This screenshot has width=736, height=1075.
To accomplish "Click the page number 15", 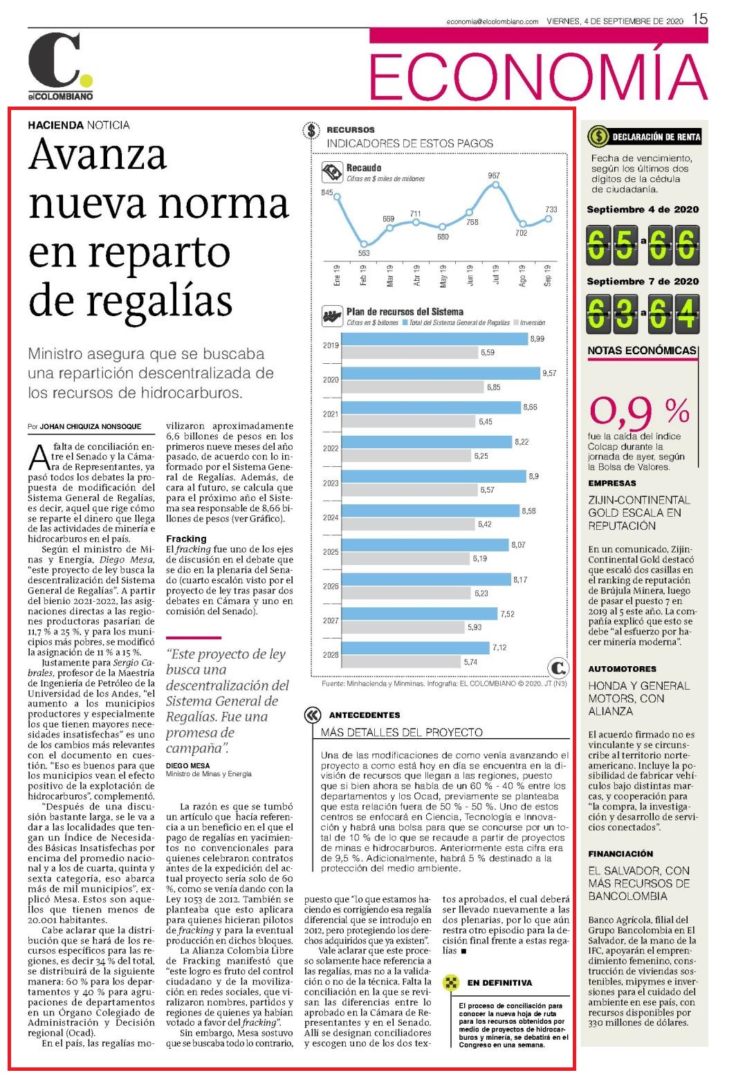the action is [x=699, y=19].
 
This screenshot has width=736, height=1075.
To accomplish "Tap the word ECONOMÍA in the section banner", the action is [x=538, y=77].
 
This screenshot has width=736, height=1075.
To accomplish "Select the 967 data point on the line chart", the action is [x=496, y=184].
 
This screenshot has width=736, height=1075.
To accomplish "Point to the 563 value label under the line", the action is [x=364, y=253].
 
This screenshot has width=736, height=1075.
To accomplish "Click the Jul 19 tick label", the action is [x=496, y=275].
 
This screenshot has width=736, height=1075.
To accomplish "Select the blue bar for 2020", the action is [x=441, y=373].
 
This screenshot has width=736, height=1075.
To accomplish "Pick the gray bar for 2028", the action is [x=401, y=662].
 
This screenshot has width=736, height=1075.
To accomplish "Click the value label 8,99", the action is [x=537, y=339].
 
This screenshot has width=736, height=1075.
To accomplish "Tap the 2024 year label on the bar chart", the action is [x=331, y=517].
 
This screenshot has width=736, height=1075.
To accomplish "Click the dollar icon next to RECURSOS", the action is [x=311, y=130].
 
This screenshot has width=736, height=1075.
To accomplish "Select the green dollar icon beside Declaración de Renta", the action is [x=598, y=136].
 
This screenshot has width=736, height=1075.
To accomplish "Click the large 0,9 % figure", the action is [x=639, y=412].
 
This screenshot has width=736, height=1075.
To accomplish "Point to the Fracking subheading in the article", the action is [x=186, y=538].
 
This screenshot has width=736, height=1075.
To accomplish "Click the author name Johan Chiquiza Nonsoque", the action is [x=90, y=426].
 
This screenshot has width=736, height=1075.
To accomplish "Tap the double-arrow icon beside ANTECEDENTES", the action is [x=313, y=715].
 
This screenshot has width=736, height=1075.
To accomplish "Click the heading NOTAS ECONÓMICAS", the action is [x=642, y=350].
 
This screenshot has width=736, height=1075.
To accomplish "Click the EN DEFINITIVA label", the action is [x=499, y=983].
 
